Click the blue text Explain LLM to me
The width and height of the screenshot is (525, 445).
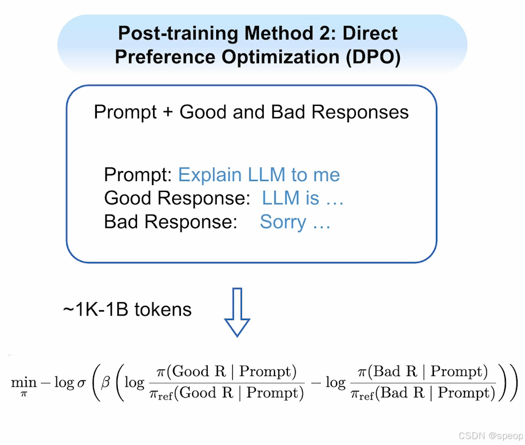258,175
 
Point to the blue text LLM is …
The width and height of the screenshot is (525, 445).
302,198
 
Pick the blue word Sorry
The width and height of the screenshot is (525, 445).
283,222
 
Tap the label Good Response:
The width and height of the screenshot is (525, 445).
177,198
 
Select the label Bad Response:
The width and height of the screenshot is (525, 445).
170,222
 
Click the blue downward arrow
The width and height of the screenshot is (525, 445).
237,312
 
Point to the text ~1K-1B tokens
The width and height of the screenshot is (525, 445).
127,310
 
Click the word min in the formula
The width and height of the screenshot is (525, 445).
24,382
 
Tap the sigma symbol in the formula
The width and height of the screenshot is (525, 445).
82,383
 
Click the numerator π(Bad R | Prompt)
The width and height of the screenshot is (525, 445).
423,371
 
